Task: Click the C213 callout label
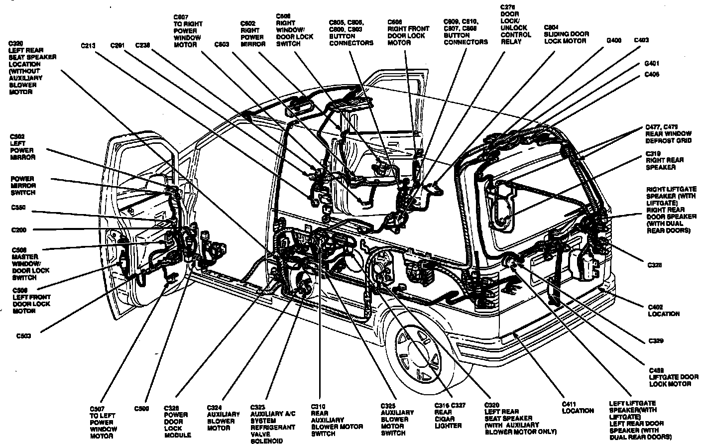88,46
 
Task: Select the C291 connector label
117,46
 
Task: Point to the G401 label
652,64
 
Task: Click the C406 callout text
652,75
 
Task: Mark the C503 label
23,336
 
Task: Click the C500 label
141,409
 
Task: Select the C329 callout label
656,341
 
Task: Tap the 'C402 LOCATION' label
663,311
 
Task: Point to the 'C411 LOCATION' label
578,407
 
